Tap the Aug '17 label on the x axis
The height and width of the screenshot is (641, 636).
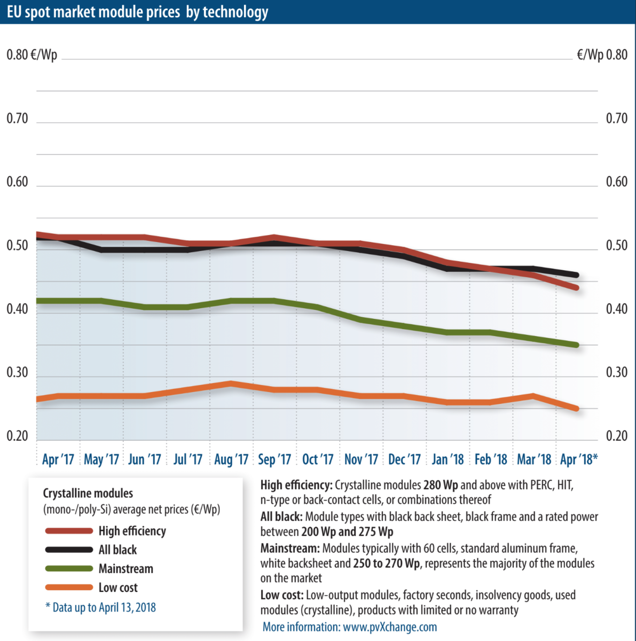click(x=231, y=459)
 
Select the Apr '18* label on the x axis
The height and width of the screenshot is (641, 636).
click(x=579, y=459)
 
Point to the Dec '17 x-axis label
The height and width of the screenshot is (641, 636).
click(x=404, y=459)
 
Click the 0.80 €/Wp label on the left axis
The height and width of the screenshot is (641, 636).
click(x=32, y=55)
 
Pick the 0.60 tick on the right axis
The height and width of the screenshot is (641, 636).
click(x=616, y=182)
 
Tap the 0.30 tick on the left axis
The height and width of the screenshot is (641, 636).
click(x=17, y=372)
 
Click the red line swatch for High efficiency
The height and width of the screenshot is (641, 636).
click(x=69, y=531)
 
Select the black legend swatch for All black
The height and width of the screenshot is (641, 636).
click(x=69, y=550)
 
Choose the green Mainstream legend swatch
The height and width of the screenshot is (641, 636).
click(x=69, y=569)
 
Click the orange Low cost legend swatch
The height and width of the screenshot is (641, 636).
click(x=69, y=588)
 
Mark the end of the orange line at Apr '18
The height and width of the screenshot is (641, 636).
click(x=576, y=409)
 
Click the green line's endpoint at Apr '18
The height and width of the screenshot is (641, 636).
click(x=576, y=345)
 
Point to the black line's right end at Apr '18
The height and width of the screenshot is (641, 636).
click(x=576, y=275)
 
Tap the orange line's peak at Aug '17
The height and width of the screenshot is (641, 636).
click(x=231, y=384)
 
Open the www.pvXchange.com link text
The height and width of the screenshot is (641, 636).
click(x=390, y=627)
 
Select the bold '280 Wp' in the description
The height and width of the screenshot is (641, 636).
click(x=441, y=486)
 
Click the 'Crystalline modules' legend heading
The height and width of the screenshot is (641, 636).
click(x=88, y=493)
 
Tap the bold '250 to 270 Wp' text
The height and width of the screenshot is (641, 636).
click(x=386, y=564)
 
